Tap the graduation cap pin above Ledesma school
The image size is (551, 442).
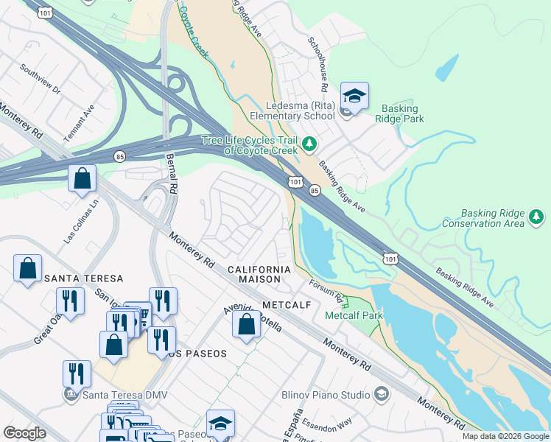pos(354,97)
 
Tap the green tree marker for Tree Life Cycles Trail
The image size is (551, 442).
pos(310,143)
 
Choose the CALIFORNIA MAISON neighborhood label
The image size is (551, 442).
pos(254,275)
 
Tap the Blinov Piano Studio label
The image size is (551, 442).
pos(326,395)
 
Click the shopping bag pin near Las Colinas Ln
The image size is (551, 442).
pos(82,178)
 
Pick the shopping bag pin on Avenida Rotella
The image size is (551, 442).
pos(246,324)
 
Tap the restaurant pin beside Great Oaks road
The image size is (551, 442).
pos(71,301)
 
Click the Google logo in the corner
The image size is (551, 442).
pos(24,433)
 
